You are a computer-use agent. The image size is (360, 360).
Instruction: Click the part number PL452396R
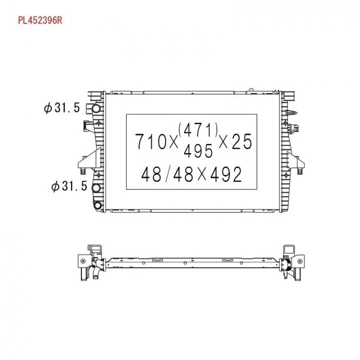40,20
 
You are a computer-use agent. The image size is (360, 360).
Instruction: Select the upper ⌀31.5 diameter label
62,107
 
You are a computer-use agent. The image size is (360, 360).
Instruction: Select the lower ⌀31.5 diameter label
69,185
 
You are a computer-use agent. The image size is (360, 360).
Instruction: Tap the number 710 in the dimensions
150,141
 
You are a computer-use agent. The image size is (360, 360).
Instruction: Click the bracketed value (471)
198,129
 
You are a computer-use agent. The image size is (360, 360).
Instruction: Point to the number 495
198,151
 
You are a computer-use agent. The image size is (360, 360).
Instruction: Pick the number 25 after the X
242,141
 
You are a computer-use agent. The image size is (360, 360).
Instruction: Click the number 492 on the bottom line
225,174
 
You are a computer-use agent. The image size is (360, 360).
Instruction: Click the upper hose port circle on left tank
96,108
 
